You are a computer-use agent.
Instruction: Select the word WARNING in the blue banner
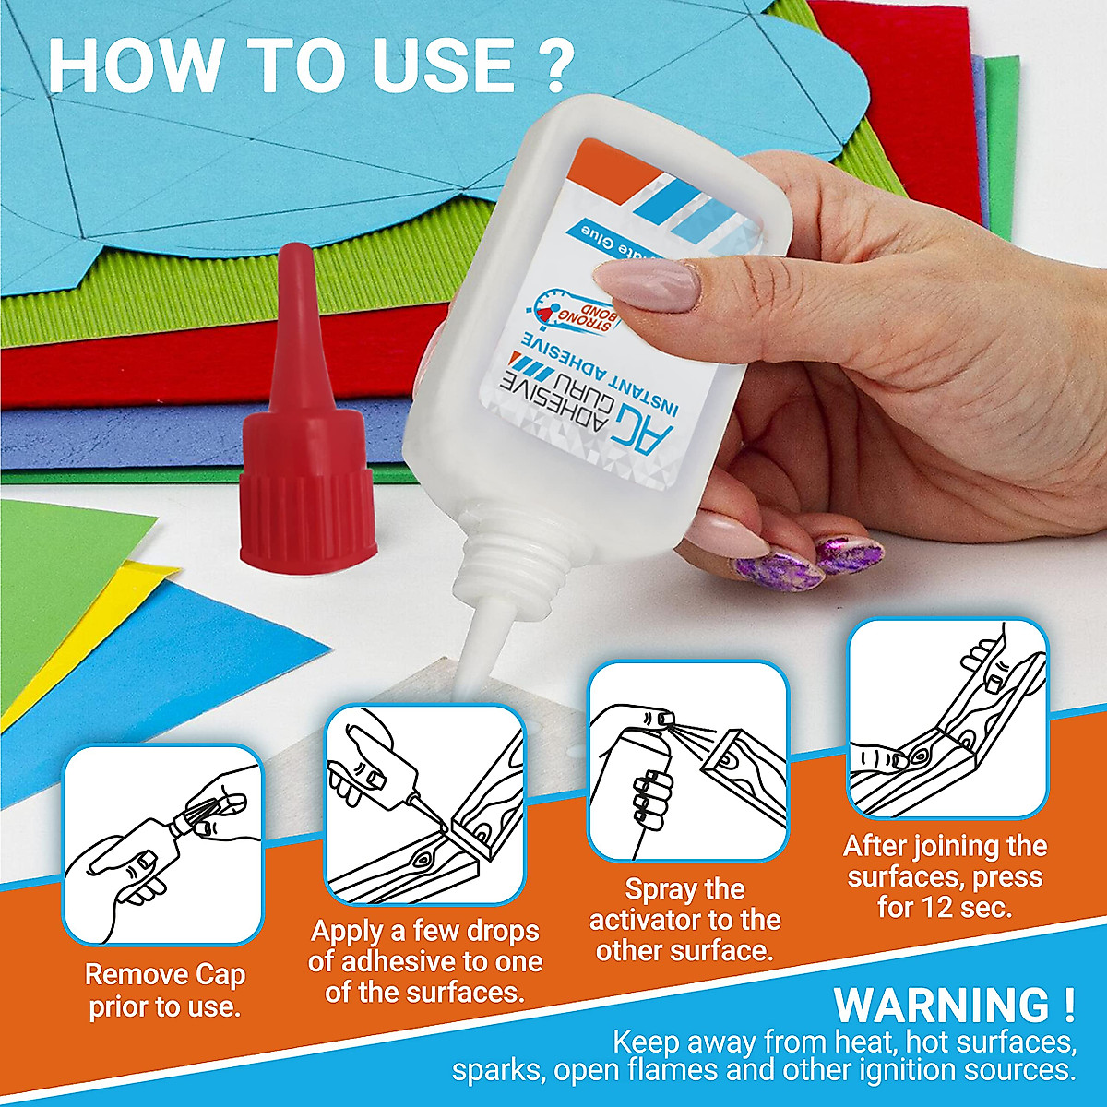coord(929,1006)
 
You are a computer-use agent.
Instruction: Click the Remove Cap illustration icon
coord(163,843)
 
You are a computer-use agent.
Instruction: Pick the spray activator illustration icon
coord(688,760)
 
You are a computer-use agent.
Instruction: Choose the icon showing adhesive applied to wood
coord(424,803)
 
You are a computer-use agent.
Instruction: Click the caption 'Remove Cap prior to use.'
coord(164,990)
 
